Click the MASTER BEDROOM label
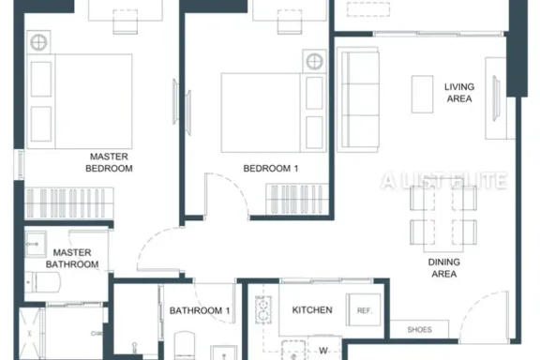(x=109, y=162)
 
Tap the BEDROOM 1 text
(x=271, y=169)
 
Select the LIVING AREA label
(x=459, y=93)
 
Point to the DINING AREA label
(x=444, y=268)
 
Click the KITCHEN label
(x=312, y=310)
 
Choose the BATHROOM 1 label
(x=200, y=310)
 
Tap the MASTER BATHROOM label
(x=72, y=259)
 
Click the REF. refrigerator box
(x=364, y=309)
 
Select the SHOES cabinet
(x=419, y=329)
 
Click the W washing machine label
(x=323, y=351)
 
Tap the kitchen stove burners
(x=263, y=309)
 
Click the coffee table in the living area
(x=422, y=94)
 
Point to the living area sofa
(x=358, y=100)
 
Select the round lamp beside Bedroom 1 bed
(x=314, y=62)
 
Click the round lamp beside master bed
(x=38, y=43)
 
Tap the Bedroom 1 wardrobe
(x=297, y=199)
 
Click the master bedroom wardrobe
(x=69, y=202)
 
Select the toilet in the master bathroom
(x=43, y=282)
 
